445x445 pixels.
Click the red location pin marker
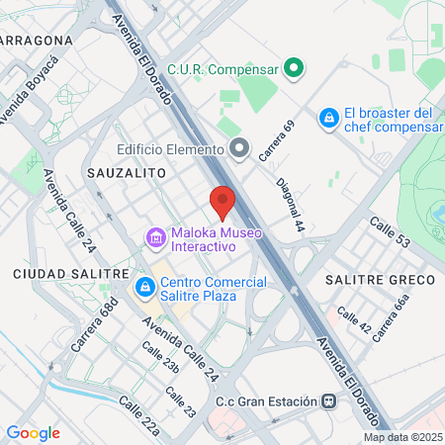point(222,201)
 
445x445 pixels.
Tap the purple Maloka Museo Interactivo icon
point(154,238)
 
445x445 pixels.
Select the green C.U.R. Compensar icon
point(293,68)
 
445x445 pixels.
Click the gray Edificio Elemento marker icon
point(238,148)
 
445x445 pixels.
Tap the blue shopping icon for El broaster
point(327,119)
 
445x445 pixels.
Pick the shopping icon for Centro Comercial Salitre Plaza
point(144,288)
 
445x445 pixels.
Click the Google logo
point(33,432)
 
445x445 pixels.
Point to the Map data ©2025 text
point(402,437)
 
